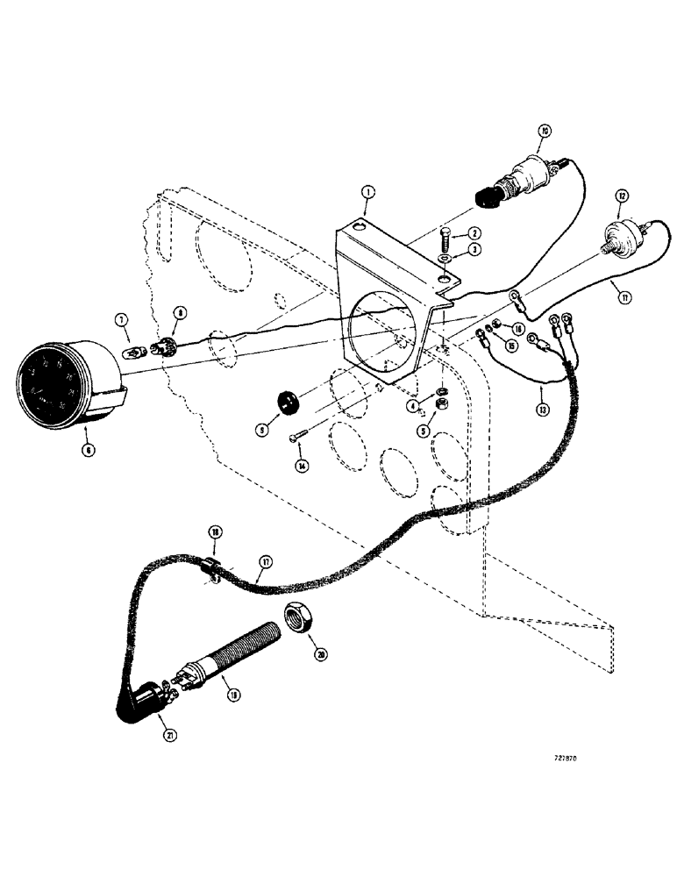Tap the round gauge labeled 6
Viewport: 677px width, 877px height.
point(67,381)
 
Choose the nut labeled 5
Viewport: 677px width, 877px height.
point(444,405)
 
